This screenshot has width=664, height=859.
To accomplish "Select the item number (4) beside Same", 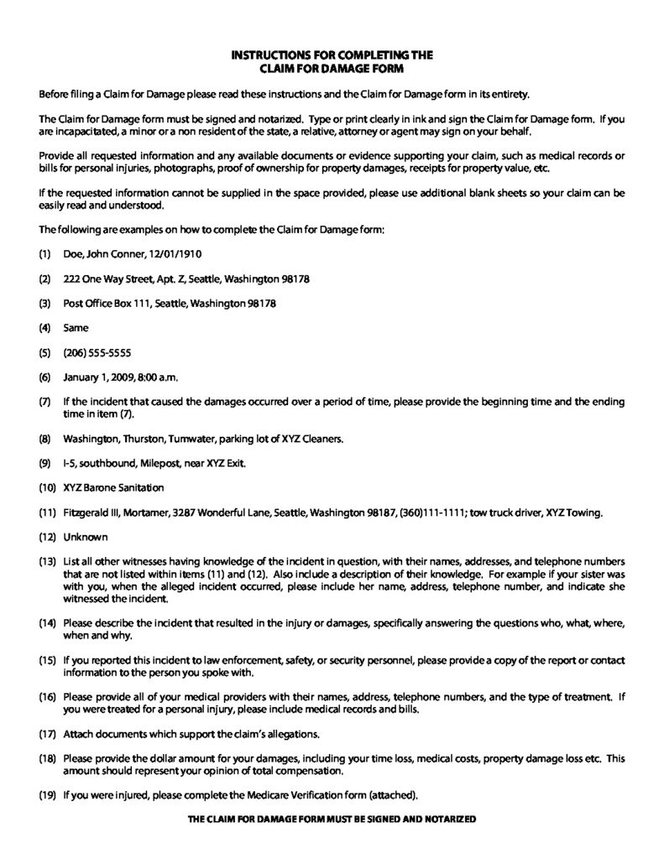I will click(x=46, y=328).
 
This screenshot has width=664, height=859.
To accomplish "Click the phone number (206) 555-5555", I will click(x=97, y=352).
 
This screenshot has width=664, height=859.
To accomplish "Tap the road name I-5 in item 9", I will click(x=71, y=463).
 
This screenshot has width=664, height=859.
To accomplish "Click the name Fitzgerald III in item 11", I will click(x=96, y=513).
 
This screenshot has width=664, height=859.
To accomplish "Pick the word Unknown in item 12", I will click(x=85, y=537).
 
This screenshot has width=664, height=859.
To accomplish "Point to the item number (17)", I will click(x=47, y=734).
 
